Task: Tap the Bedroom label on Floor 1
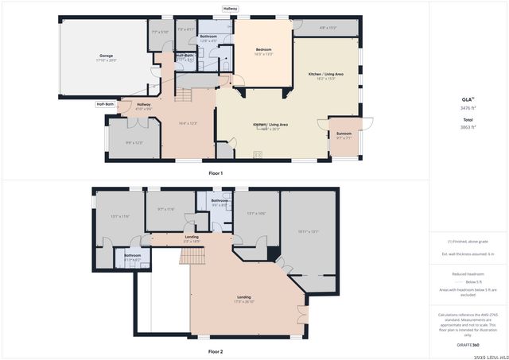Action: point(263,48)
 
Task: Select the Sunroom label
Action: point(344,133)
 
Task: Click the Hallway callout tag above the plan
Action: point(230,10)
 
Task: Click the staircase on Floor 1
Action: point(185,95)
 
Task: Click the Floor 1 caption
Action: point(216,172)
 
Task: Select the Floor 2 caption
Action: point(216,350)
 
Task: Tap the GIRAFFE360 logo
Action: point(467,345)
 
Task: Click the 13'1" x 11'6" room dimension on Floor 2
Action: point(119,216)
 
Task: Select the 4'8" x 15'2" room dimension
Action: point(328,28)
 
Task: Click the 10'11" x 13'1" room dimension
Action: point(308,231)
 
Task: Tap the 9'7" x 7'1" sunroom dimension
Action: point(344,138)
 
